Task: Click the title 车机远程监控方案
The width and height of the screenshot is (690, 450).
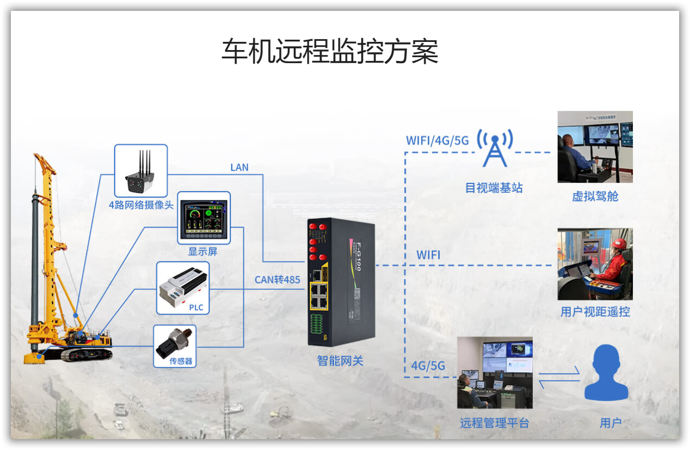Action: click(x=330, y=52)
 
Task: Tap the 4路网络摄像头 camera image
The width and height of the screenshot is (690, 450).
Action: click(x=140, y=170)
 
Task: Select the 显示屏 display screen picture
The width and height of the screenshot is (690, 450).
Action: click(x=204, y=217)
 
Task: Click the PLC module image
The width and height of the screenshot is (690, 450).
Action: click(x=182, y=287)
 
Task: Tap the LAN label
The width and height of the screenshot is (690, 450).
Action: click(x=239, y=167)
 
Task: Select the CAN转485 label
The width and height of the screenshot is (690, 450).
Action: click(x=278, y=280)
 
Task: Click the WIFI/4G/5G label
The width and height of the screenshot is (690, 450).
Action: click(x=437, y=140)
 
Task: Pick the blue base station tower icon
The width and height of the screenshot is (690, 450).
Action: click(x=495, y=147)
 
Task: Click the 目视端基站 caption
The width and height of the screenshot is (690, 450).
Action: click(x=494, y=188)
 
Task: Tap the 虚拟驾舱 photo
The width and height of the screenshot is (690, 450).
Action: click(x=595, y=146)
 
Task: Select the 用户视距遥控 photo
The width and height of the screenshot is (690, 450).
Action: click(x=595, y=264)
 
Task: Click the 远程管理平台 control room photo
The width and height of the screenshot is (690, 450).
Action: click(x=495, y=372)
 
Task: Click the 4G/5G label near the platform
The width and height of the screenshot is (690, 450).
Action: click(x=428, y=365)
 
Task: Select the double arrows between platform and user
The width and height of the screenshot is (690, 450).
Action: click(x=559, y=377)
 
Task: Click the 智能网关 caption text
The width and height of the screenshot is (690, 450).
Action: click(x=340, y=360)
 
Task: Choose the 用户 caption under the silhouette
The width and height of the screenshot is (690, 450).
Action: click(x=611, y=423)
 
